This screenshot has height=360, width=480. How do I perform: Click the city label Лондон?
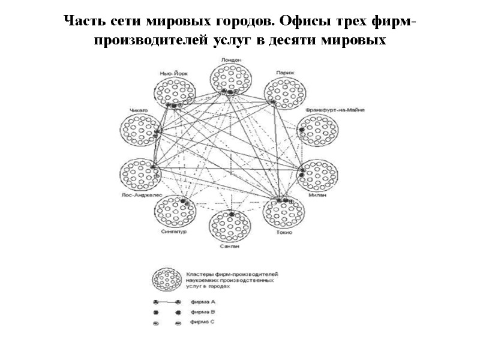(x=231, y=60)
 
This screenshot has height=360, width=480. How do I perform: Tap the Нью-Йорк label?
(x=173, y=73)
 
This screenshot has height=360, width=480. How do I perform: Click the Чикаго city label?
(x=138, y=110)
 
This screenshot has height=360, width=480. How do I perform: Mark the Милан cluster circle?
(x=319, y=175)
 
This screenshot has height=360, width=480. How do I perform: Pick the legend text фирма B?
(x=199, y=312)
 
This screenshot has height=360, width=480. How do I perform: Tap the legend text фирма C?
(x=199, y=322)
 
